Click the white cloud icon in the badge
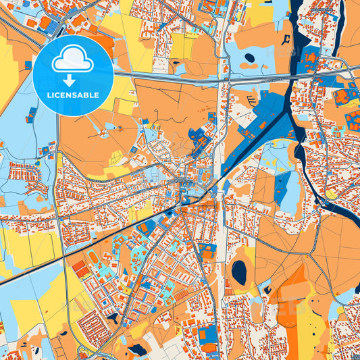pyautogui.click(x=73, y=62)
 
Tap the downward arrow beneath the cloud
pyautogui.click(x=73, y=80)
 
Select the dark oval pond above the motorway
pyautogui.click(x=249, y=58)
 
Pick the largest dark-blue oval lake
pyautogui.click(x=239, y=272)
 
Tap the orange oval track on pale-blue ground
pyautogui.click(x=93, y=257)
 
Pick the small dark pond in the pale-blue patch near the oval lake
pyautogui.click(x=267, y=290)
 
